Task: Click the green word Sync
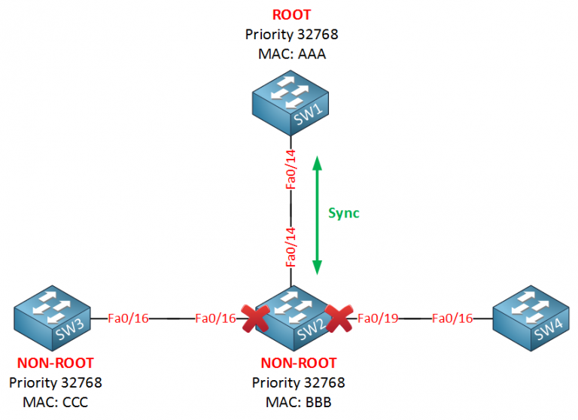(344, 213)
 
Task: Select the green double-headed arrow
(318, 215)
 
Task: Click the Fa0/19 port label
(376, 318)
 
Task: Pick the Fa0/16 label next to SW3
(129, 318)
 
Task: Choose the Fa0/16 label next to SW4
(452, 318)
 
